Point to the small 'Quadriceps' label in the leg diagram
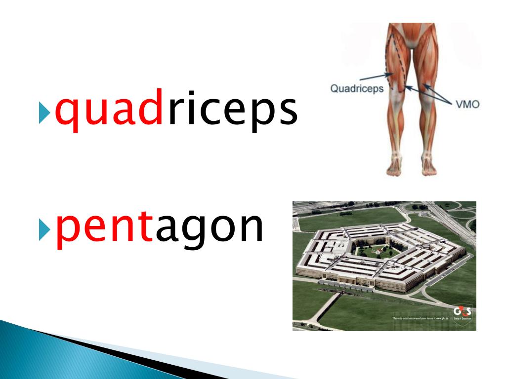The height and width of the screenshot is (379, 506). click(352, 89)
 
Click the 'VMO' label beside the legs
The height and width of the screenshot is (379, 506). click(466, 104)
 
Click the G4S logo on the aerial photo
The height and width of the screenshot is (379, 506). click(462, 312)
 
